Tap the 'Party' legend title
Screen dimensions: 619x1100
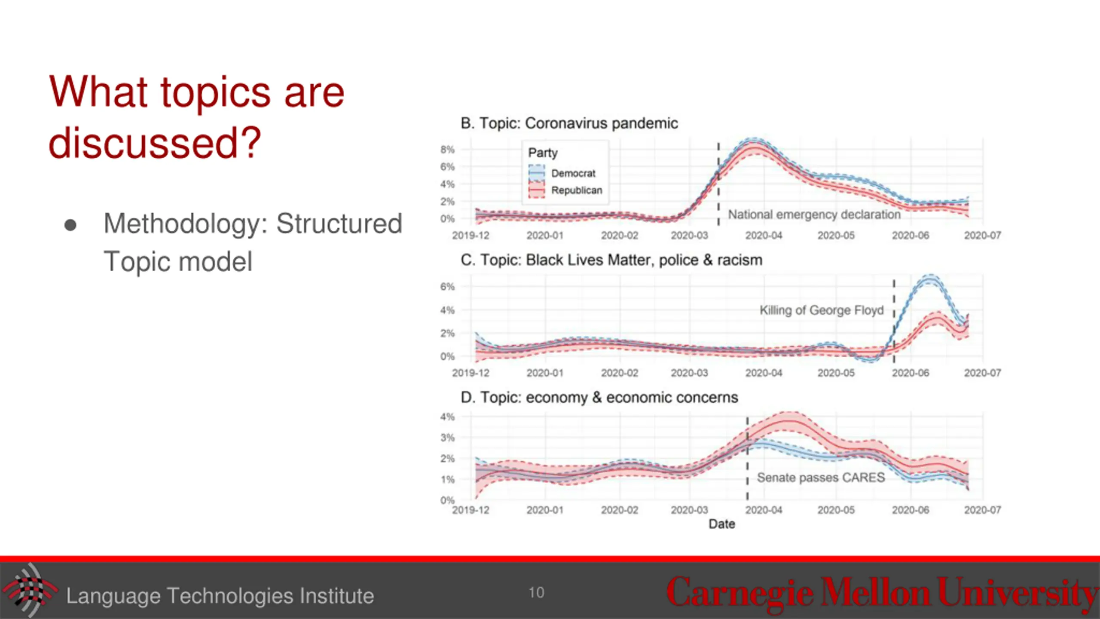tap(543, 153)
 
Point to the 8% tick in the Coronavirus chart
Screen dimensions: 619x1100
tap(447, 150)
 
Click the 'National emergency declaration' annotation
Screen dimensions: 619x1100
tap(814, 215)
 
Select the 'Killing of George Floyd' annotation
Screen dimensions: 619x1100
tap(821, 310)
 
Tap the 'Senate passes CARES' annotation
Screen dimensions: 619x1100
tap(821, 478)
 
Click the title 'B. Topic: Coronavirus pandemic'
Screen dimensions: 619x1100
tap(569, 123)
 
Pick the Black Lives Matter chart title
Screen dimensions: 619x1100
tap(611, 260)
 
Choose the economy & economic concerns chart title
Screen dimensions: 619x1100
tap(599, 398)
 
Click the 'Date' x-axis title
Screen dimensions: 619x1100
tap(721, 524)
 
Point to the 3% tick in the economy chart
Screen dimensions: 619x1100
tap(447, 438)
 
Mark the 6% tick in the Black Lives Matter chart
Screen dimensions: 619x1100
tap(447, 287)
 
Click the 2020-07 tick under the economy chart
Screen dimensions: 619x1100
tap(982, 510)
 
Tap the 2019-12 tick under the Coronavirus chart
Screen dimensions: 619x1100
tap(471, 236)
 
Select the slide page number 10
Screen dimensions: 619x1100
tap(536, 593)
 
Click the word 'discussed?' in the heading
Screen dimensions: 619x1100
tap(155, 143)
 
